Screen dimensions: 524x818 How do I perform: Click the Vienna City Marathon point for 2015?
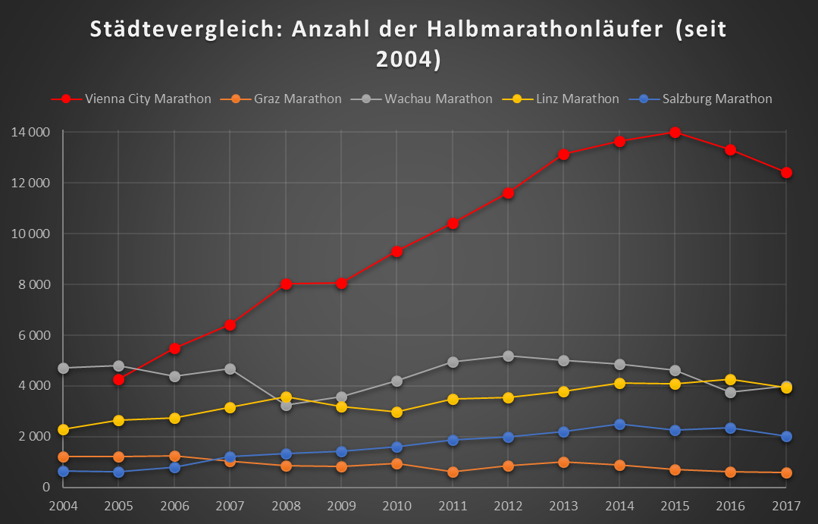pyautogui.click(x=675, y=133)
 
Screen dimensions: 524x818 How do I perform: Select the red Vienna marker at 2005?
pyautogui.click(x=119, y=379)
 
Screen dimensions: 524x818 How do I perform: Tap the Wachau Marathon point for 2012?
pyautogui.click(x=508, y=356)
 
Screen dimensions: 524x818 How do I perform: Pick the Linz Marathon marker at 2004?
pyautogui.click(x=64, y=430)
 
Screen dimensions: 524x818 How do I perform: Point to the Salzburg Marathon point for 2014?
pyautogui.click(x=619, y=425)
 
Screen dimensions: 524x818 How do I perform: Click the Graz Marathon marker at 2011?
pyautogui.click(x=453, y=472)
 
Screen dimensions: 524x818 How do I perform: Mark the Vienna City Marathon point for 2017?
pyautogui.click(x=786, y=173)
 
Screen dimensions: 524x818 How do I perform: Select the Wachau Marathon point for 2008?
pyautogui.click(x=286, y=406)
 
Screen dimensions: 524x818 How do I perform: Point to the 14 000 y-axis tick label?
pyautogui.click(x=30, y=132)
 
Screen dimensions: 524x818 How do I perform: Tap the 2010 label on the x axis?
pyautogui.click(x=396, y=505)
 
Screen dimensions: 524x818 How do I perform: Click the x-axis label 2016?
pyautogui.click(x=730, y=505)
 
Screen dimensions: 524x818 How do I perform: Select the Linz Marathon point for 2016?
pyautogui.click(x=730, y=380)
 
